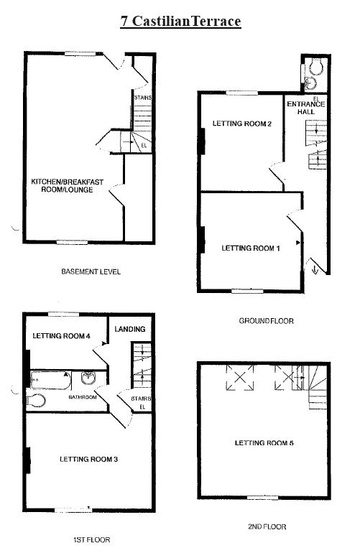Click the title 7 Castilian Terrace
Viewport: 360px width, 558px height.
pos(180,22)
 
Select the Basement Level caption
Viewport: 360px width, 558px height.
pos(91,272)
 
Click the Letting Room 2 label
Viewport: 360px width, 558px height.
pos(241,124)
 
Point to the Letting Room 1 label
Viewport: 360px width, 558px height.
pos(250,248)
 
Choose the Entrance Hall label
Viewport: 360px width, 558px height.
pos(305,108)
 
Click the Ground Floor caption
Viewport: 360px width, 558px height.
pos(266,321)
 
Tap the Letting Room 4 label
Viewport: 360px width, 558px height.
pos(61,336)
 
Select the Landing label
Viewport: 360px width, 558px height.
pos(130,330)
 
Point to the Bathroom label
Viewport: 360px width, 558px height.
pos(83,396)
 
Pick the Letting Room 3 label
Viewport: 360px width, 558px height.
pos(88,459)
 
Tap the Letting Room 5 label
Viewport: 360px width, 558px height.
pos(264,443)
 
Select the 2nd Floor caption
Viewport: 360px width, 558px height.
pos(267,526)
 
